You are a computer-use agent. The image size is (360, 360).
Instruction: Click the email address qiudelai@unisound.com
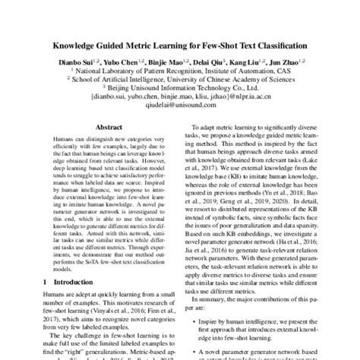[179, 106]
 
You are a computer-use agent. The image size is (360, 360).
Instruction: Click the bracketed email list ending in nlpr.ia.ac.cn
[180, 96]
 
